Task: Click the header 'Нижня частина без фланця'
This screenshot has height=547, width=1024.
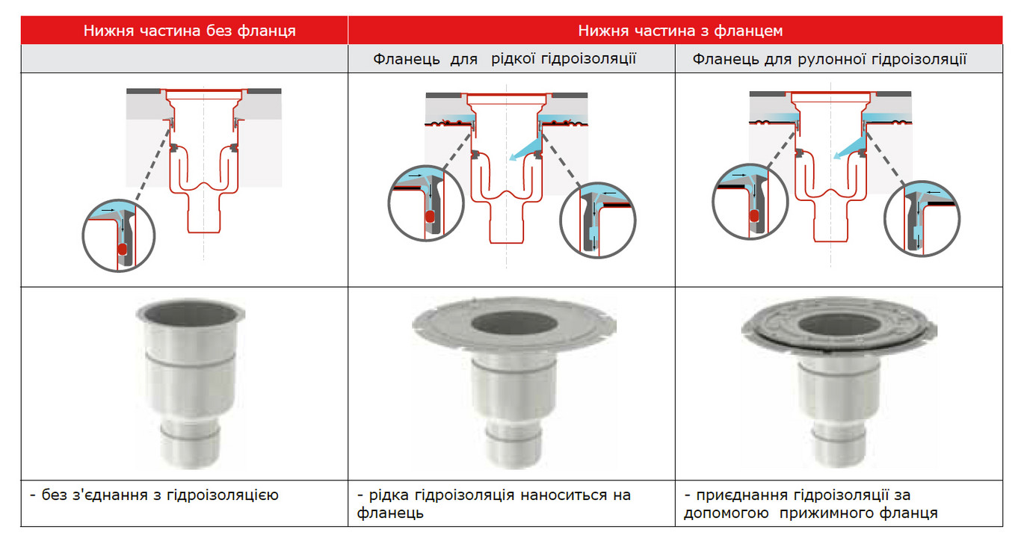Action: point(189,31)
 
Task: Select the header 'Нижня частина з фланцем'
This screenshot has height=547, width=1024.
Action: point(680,31)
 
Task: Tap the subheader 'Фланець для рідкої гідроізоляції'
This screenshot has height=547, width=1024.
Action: point(505,59)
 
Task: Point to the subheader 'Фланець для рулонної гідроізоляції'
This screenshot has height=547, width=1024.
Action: point(829,59)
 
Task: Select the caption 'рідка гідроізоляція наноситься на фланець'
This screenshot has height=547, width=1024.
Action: point(494,504)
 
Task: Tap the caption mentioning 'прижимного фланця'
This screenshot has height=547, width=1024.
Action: point(810,504)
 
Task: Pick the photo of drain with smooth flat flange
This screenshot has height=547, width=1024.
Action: point(514,383)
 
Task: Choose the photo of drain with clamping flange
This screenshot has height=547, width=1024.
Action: point(839,383)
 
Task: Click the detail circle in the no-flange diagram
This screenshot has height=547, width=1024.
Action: point(83,236)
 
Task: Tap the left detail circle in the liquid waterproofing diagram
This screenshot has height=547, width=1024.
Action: point(389,203)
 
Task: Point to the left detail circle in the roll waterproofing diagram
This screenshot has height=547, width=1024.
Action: point(713,202)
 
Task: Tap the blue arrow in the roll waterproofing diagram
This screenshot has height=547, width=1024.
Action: point(850,148)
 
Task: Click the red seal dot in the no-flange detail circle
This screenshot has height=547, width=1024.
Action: point(122,249)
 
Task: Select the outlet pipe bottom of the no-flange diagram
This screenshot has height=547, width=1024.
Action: point(204,232)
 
